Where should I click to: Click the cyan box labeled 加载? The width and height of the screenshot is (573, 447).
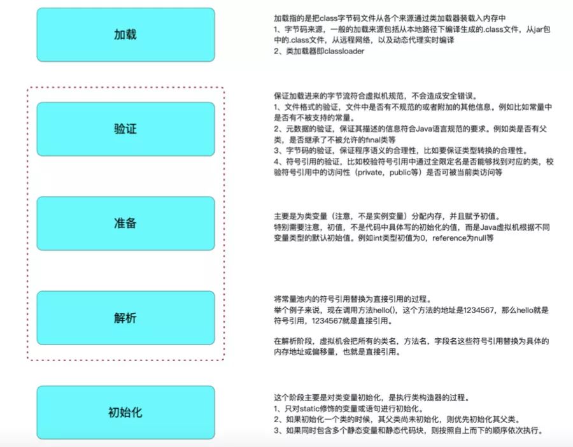(125, 34)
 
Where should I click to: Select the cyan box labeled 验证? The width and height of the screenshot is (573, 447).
(125, 129)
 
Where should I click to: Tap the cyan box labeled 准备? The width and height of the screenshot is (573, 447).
(125, 223)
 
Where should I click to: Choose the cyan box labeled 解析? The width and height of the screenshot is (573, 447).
(125, 318)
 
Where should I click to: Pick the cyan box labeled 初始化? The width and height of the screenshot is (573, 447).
(125, 412)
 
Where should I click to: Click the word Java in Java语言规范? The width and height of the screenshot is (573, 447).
(425, 129)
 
